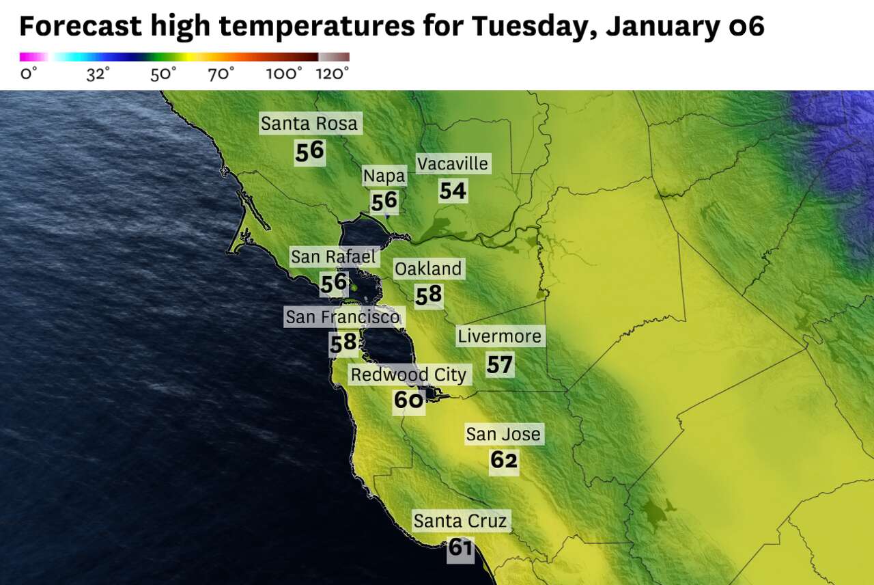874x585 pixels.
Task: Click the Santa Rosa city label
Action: point(309,124)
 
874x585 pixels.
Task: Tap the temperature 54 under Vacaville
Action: point(453,191)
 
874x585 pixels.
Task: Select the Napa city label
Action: point(384,176)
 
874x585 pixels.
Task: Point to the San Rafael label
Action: point(333,257)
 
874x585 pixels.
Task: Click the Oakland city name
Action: point(428,269)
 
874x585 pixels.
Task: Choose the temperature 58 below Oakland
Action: point(429,295)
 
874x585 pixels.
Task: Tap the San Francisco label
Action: point(342,317)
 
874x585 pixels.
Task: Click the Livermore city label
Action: point(500,336)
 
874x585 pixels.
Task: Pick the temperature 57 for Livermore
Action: point(500,365)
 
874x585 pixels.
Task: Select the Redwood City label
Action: point(408,375)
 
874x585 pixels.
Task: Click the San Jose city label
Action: point(503,434)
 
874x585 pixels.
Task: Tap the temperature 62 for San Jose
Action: point(504,461)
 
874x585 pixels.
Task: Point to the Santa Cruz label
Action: point(460,521)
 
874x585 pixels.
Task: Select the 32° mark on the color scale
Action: point(98,74)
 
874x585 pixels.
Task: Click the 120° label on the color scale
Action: point(333,74)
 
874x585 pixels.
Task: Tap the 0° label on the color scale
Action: point(28,74)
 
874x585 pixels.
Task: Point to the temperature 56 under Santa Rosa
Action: point(309,151)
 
